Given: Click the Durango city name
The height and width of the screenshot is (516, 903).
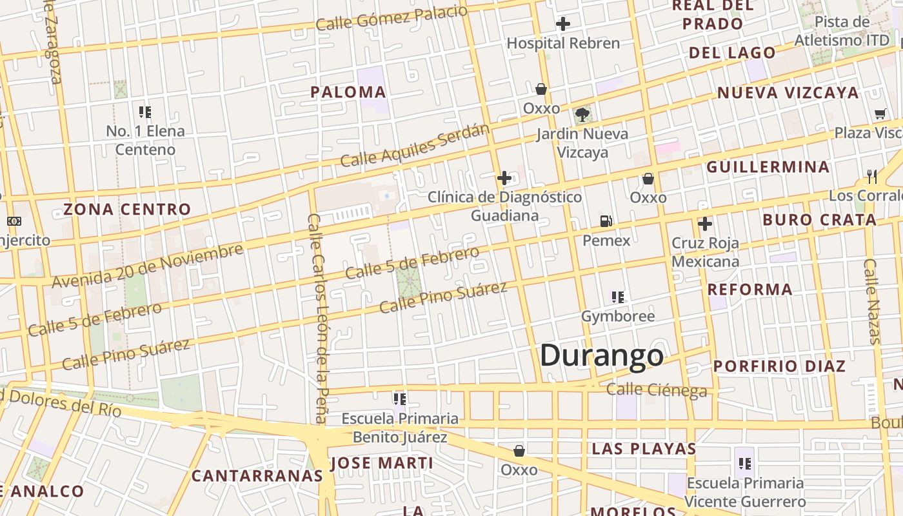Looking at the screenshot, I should click(602, 355).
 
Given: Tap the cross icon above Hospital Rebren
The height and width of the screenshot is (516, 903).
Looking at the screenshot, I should click(563, 25).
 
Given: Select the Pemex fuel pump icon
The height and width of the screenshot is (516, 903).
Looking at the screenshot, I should click(606, 221).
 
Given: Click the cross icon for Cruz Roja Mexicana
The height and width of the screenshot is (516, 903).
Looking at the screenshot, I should click(705, 224).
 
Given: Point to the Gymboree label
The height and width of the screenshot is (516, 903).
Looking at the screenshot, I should click(618, 316).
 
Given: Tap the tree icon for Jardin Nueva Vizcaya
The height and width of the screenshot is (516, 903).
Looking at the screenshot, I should click(582, 115).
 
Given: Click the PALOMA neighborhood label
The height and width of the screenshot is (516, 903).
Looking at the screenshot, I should click(348, 92).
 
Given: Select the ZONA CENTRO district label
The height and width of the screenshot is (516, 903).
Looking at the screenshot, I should click(127, 209).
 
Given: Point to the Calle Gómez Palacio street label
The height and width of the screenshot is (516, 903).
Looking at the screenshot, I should click(392, 17).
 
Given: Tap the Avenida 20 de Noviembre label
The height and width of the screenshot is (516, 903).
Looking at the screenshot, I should click(148, 266).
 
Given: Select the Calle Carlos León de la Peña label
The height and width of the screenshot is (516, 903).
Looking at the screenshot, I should click(318, 319).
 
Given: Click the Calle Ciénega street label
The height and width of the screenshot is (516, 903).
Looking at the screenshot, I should click(657, 390).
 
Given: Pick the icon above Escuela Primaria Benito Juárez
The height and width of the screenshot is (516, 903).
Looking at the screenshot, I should click(400, 399).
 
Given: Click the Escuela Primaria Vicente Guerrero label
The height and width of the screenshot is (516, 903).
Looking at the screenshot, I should click(745, 492).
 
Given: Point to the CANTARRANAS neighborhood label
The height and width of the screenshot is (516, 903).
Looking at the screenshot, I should click(257, 476).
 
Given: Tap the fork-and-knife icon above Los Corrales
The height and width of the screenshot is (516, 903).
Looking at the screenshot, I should click(872, 176).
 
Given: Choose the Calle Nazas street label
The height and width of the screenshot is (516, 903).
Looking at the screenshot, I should click(872, 301).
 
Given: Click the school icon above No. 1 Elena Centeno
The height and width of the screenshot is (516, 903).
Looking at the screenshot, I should click(145, 112).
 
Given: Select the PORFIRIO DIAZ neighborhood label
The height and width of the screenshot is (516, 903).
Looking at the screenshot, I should click(779, 366).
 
